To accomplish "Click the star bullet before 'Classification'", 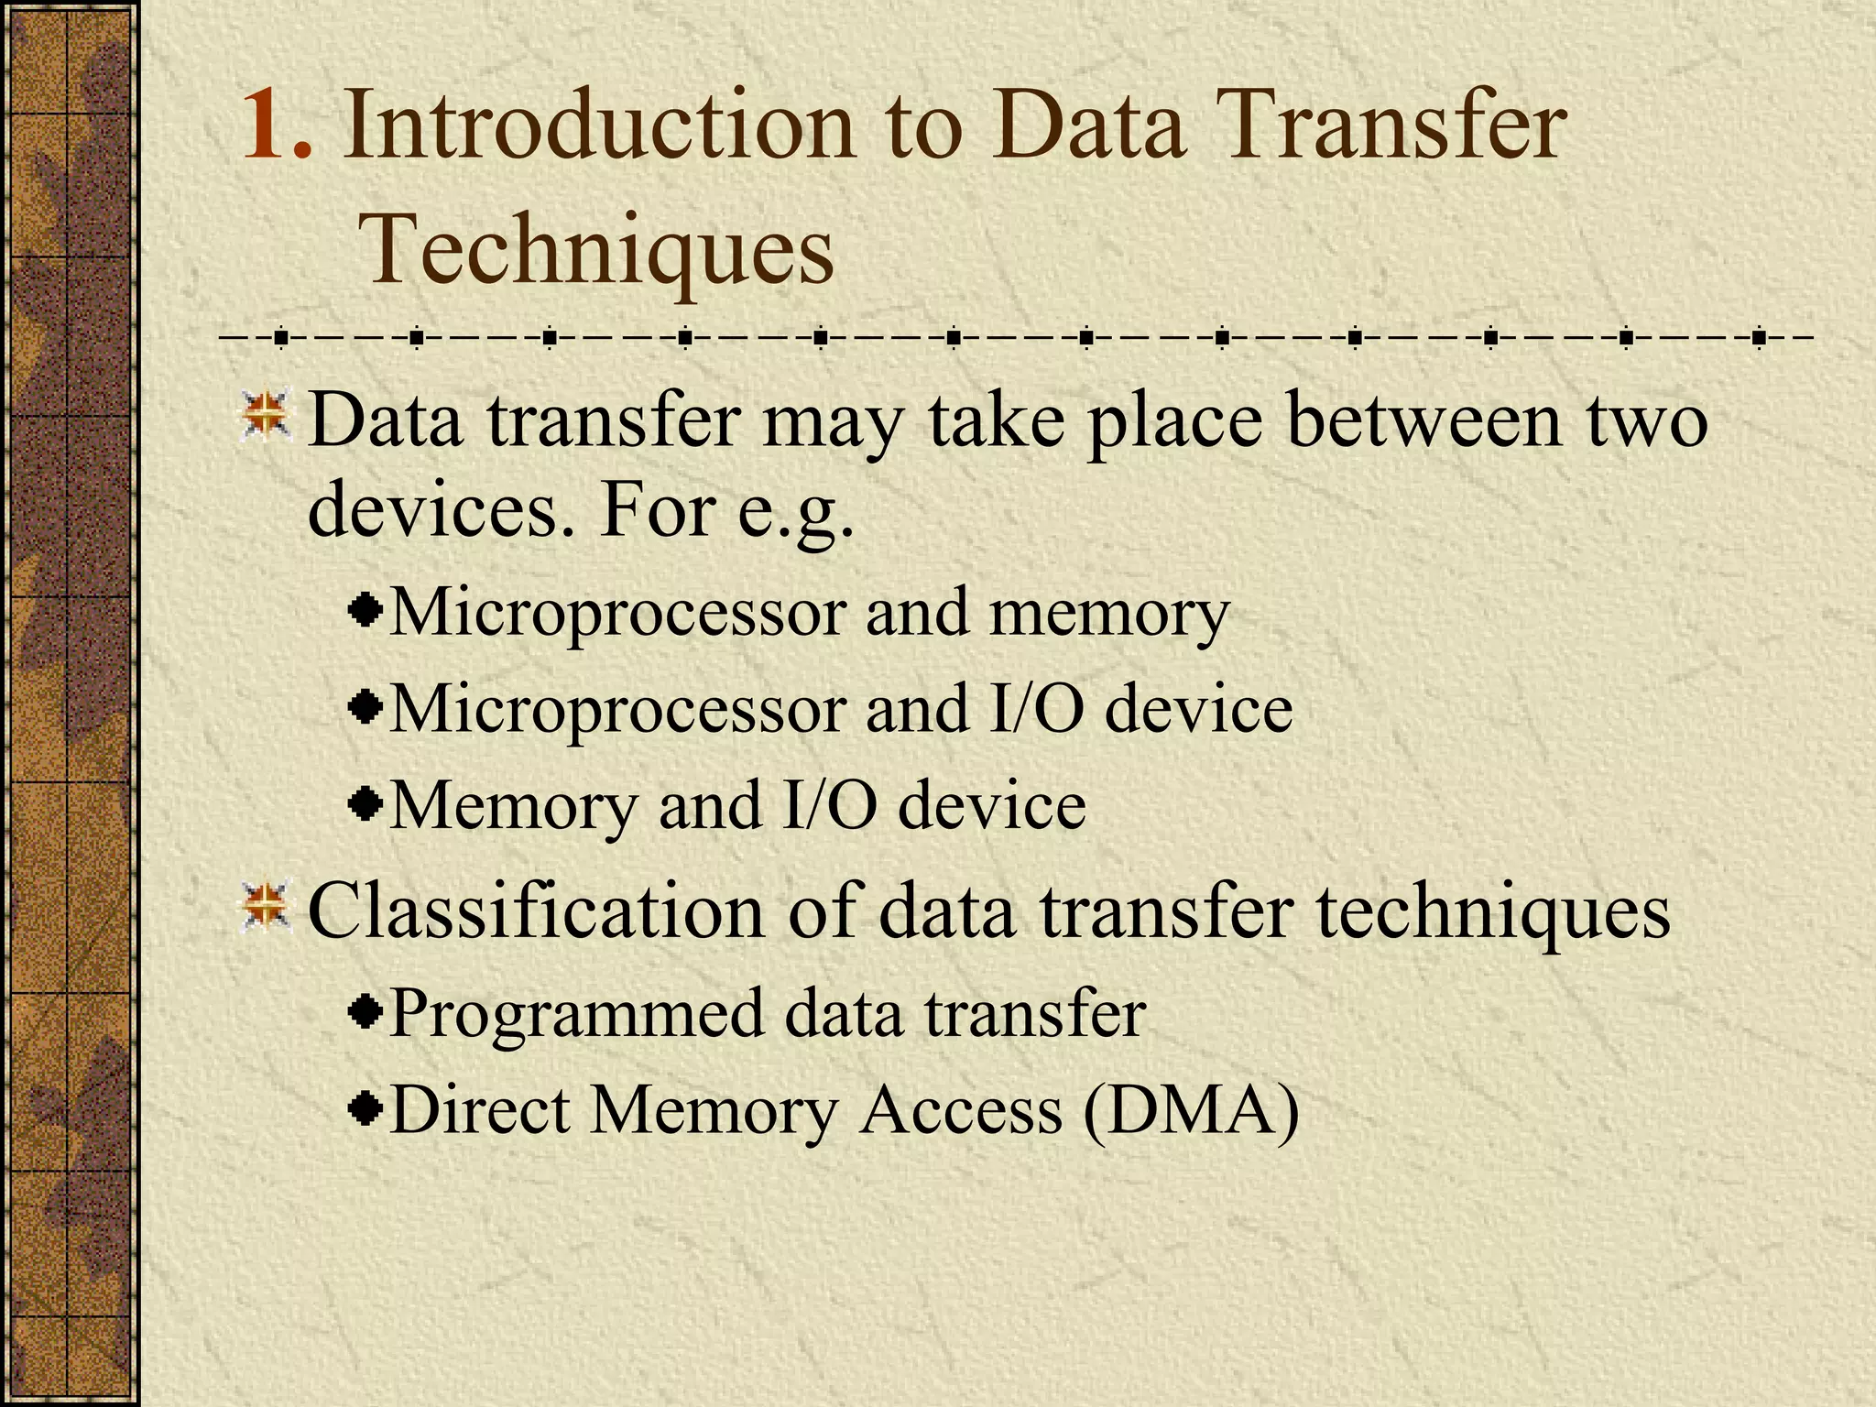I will click(x=266, y=906).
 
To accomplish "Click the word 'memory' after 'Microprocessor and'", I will click(x=1108, y=614).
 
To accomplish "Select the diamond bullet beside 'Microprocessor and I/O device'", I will click(x=366, y=708).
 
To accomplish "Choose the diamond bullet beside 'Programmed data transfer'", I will click(x=366, y=1012).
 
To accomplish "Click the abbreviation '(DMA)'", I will click(x=1190, y=1111).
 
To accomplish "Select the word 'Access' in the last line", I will click(x=961, y=1109).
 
